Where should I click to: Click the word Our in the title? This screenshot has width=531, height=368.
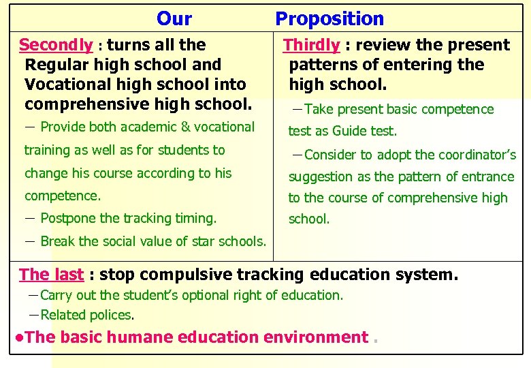(x=174, y=19)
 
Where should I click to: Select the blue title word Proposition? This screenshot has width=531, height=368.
(x=329, y=19)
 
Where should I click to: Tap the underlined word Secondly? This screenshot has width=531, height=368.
(x=56, y=45)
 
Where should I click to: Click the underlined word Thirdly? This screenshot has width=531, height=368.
(x=311, y=45)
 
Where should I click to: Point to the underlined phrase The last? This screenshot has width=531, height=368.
(x=51, y=275)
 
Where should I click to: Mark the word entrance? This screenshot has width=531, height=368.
(x=489, y=177)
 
